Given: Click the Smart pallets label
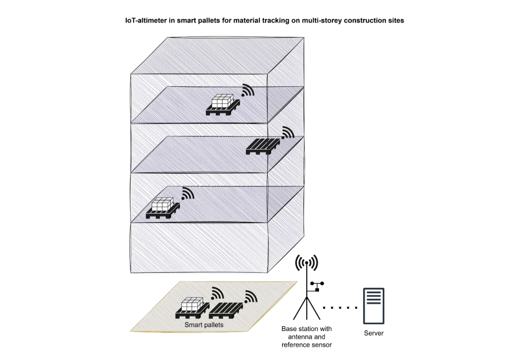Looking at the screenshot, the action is point(204,325).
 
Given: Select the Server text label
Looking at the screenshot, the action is point(374,333).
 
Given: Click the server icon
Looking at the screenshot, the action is point(374,306).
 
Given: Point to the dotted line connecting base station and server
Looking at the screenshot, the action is point(340,308).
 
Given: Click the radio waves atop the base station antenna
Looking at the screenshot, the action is point(307,263).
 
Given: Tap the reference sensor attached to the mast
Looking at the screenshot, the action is point(316,286).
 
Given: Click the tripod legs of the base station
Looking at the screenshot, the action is point(307,308).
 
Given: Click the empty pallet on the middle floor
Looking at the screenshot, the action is point(263,147).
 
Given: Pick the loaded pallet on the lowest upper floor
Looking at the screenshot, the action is point(163,208).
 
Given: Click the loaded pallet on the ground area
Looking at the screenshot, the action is point(192,308).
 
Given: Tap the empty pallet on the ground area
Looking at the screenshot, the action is point(226,311).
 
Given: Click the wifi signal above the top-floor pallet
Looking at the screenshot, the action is point(247,90).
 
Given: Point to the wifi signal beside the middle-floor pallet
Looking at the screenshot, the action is point(288,132).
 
